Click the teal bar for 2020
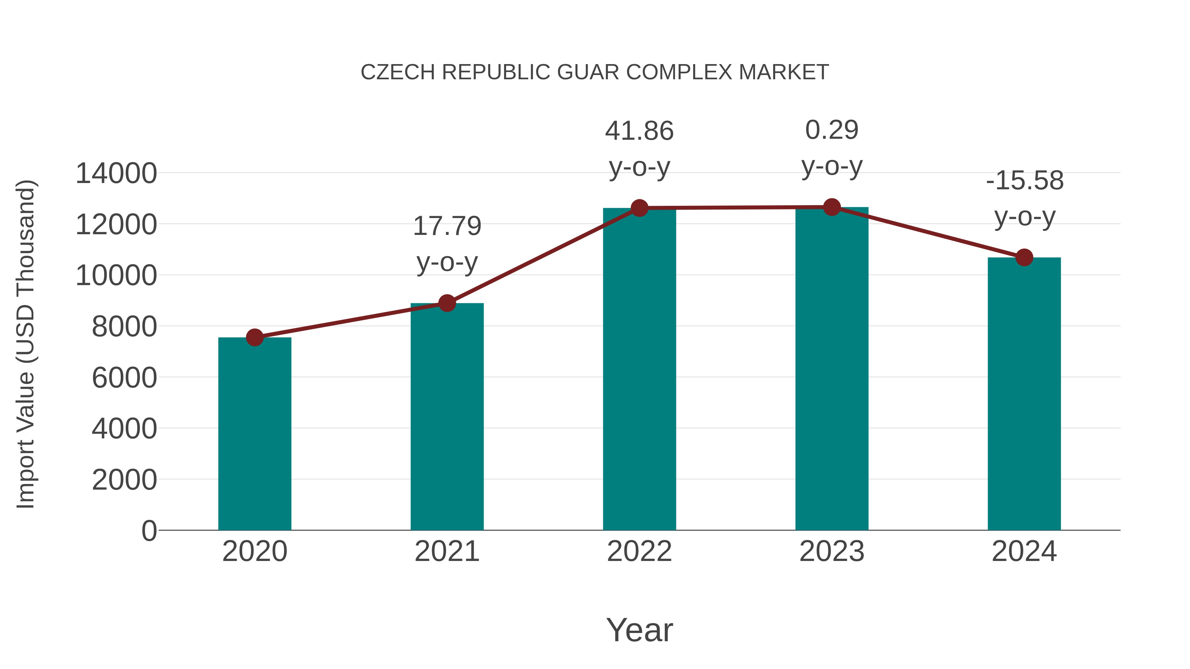click(x=255, y=434)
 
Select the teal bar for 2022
click(x=639, y=369)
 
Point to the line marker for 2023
click(x=832, y=207)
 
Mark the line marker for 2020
click(x=255, y=338)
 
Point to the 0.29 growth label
click(x=832, y=130)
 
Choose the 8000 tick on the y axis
click(x=124, y=326)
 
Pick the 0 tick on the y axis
click(x=149, y=531)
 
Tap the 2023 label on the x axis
click(x=832, y=551)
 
